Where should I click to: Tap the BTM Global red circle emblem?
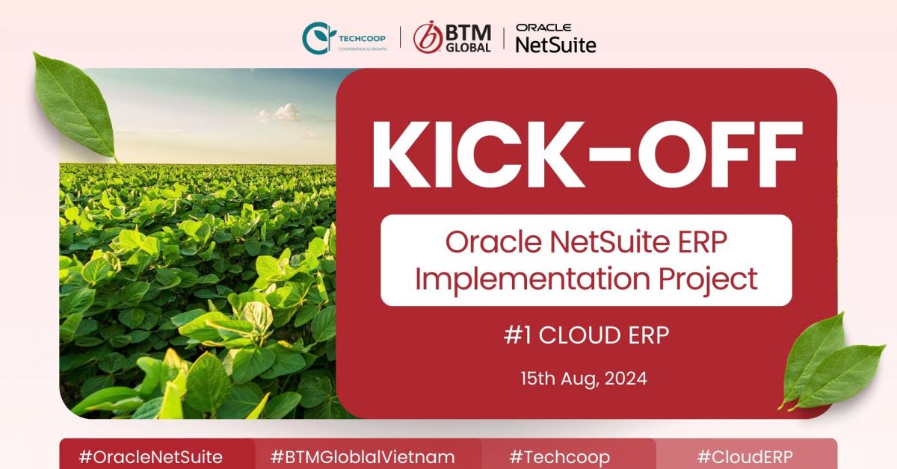point(428,37)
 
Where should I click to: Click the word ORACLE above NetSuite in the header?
point(543,28)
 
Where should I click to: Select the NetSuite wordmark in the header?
point(556,45)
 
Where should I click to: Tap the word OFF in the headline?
point(720,155)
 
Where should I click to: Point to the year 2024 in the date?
point(626,379)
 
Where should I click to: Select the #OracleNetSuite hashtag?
point(150,457)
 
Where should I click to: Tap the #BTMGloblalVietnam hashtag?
point(363,457)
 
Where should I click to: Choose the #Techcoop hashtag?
point(559,457)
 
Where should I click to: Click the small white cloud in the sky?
point(280,113)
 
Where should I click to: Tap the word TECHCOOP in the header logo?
point(362,38)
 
